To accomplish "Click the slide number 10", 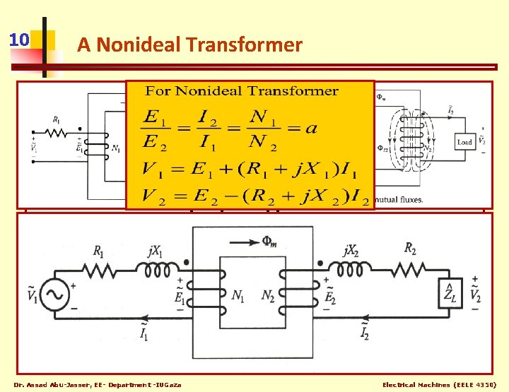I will point(18,39).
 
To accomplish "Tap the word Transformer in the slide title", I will point(245,45).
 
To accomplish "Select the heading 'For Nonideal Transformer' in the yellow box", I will point(242,90).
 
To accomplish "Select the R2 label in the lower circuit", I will point(410,248).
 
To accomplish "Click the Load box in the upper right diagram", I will point(464,142).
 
